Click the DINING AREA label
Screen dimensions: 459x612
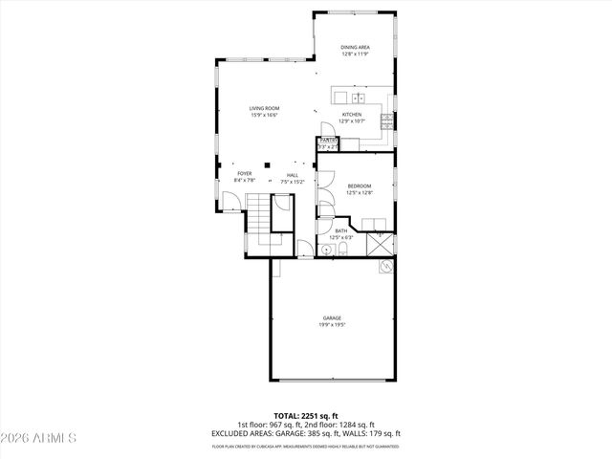[x=355, y=47]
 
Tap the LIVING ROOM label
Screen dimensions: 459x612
[x=264, y=109]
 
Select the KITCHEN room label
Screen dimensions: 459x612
[x=353, y=114]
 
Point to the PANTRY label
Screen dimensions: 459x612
[x=327, y=141]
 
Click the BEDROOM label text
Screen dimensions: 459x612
[x=359, y=186]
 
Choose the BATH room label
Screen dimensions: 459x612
[x=341, y=230]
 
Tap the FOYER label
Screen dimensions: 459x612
[x=245, y=174]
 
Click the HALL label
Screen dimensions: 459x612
[x=293, y=175]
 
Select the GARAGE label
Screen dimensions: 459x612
[x=332, y=317]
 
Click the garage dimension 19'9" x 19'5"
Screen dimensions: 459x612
[x=332, y=324]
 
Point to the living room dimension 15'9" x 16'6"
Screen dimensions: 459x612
[x=264, y=116]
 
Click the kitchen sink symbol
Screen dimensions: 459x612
[x=358, y=98]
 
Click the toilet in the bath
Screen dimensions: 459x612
[x=342, y=251]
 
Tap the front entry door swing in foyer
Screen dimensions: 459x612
[x=230, y=202]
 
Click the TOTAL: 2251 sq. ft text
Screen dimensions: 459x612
[x=306, y=417]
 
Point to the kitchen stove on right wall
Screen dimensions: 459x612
[x=386, y=120]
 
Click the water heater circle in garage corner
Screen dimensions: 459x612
[x=386, y=267]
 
